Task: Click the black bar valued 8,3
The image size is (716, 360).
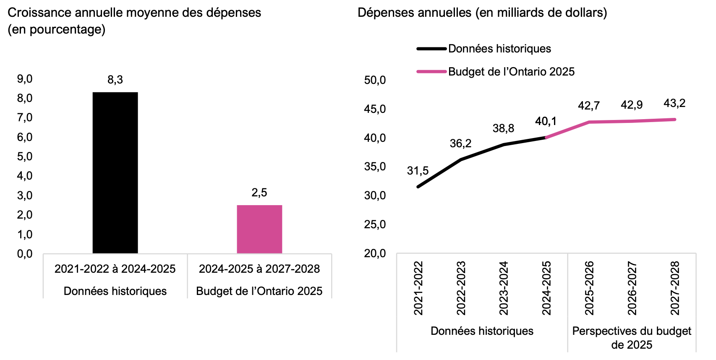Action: click(115, 172)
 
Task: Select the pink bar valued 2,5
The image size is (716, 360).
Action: click(259, 229)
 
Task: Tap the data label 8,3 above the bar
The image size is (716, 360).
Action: click(115, 80)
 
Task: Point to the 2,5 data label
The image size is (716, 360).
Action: click(259, 193)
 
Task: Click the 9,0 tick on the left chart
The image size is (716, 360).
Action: click(25, 79)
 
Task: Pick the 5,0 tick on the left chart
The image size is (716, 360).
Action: click(25, 157)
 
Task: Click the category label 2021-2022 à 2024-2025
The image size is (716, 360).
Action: click(115, 269)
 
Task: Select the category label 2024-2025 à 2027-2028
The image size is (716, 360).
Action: click(259, 269)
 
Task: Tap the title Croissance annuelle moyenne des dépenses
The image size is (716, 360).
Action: click(134, 13)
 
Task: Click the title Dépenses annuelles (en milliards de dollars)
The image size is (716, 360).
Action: click(482, 13)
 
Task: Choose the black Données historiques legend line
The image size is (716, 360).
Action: click(431, 49)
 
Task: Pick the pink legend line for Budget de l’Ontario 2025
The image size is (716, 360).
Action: click(431, 72)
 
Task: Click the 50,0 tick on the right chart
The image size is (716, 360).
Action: click(375, 80)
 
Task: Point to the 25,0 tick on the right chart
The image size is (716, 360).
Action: click(375, 224)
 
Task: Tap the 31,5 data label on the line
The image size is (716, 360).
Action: click(418, 171)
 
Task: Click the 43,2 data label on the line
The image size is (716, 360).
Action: click(674, 103)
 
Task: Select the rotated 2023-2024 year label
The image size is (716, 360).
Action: click(504, 288)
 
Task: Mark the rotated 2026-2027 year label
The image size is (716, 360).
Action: click(632, 288)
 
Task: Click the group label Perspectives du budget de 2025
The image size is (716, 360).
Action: click(632, 338)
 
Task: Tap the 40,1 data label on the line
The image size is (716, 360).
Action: click(546, 122)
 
